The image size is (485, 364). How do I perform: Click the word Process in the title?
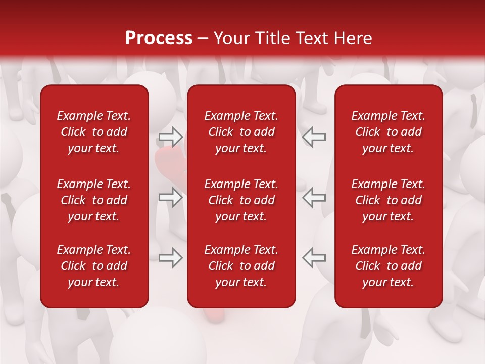click(x=159, y=38)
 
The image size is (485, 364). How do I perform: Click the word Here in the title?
click(x=353, y=38)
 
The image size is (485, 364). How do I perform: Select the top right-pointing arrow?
click(x=171, y=136)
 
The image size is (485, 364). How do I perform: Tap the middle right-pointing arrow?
click(x=171, y=197)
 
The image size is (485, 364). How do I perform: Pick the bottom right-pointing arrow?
click(x=171, y=258)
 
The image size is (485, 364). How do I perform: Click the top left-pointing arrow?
click(x=314, y=136)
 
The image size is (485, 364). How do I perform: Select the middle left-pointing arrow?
click(x=314, y=197)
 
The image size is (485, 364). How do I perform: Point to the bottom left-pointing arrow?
click(x=314, y=258)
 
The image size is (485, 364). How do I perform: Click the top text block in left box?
click(x=94, y=132)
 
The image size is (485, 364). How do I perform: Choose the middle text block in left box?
click(x=94, y=200)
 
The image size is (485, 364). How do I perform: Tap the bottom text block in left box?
click(x=94, y=266)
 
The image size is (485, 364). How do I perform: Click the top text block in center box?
click(x=241, y=132)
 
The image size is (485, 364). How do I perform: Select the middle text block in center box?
click(x=241, y=200)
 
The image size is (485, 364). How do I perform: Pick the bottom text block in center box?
click(x=241, y=266)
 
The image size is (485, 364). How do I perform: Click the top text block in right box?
click(x=389, y=132)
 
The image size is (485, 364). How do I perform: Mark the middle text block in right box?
click(x=389, y=200)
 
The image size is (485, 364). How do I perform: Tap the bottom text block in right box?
click(x=389, y=266)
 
